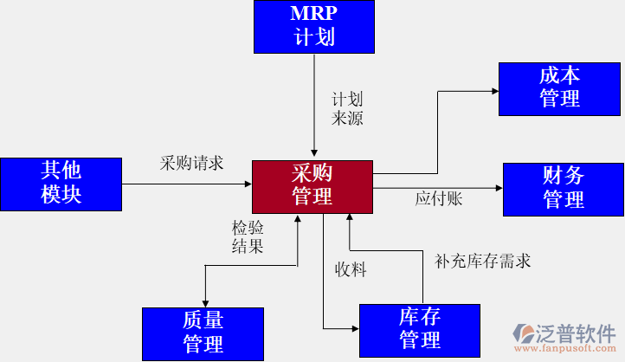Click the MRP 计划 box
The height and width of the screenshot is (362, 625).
click(314, 26)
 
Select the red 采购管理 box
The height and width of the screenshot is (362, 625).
click(312, 185)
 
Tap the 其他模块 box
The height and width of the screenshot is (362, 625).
click(61, 184)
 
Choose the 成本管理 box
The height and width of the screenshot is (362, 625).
click(559, 88)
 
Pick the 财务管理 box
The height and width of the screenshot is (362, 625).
click(564, 188)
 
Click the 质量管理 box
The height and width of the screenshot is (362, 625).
click(203, 333)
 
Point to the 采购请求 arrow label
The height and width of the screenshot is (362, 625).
click(191, 163)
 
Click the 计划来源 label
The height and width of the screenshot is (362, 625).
click(347, 109)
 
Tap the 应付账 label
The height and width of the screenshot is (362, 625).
click(438, 199)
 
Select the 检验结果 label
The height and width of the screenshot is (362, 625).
click(248, 236)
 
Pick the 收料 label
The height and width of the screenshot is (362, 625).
click(351, 269)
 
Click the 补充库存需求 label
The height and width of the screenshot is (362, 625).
click(482, 260)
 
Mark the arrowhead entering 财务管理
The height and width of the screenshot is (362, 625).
click(499, 188)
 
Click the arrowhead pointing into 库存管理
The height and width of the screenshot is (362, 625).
click(355, 328)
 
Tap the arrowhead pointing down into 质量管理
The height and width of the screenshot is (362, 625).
click(204, 302)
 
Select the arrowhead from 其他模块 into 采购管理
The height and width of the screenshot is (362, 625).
click(248, 184)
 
